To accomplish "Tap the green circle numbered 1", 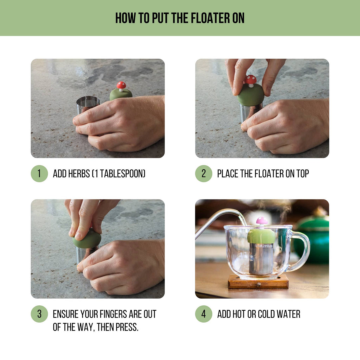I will [39, 174].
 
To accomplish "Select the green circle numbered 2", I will [204, 174].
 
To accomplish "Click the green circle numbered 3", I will [39, 314].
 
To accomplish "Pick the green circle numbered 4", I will [204, 314].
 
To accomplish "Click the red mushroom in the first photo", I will [121, 85].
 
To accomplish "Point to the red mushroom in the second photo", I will [251, 80].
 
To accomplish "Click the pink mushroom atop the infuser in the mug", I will [262, 221].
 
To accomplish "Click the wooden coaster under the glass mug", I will [258, 282].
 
